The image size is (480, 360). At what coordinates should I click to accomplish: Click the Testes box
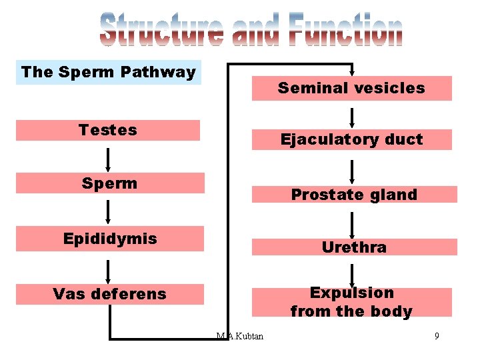point(107,130)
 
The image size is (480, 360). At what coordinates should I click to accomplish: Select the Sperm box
point(109,183)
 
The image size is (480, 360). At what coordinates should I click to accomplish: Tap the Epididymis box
point(109,239)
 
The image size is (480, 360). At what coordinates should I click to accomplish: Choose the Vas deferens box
point(109,294)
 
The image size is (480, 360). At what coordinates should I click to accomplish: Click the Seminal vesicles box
point(351,88)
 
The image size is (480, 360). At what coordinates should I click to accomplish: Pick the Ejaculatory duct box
point(351,139)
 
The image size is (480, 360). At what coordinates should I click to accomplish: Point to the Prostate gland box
point(353,195)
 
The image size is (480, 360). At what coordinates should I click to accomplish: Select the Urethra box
point(353,247)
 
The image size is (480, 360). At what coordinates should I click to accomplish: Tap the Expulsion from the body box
point(351,302)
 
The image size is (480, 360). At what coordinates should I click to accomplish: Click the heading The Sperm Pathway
point(108,72)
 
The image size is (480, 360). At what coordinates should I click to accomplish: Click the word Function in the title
point(345,31)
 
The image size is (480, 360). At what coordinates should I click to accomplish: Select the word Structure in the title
point(161,31)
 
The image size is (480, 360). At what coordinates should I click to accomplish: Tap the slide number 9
point(437,336)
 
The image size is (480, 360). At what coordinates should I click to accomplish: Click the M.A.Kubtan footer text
point(240,336)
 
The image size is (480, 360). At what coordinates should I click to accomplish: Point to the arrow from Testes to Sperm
point(107,159)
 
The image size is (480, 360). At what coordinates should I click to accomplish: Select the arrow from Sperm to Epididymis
point(107,211)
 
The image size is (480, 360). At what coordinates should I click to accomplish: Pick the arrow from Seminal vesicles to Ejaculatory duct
point(352,117)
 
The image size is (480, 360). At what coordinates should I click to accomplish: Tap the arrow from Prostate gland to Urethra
point(352,224)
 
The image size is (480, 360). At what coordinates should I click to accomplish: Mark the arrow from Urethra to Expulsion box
point(352,274)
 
